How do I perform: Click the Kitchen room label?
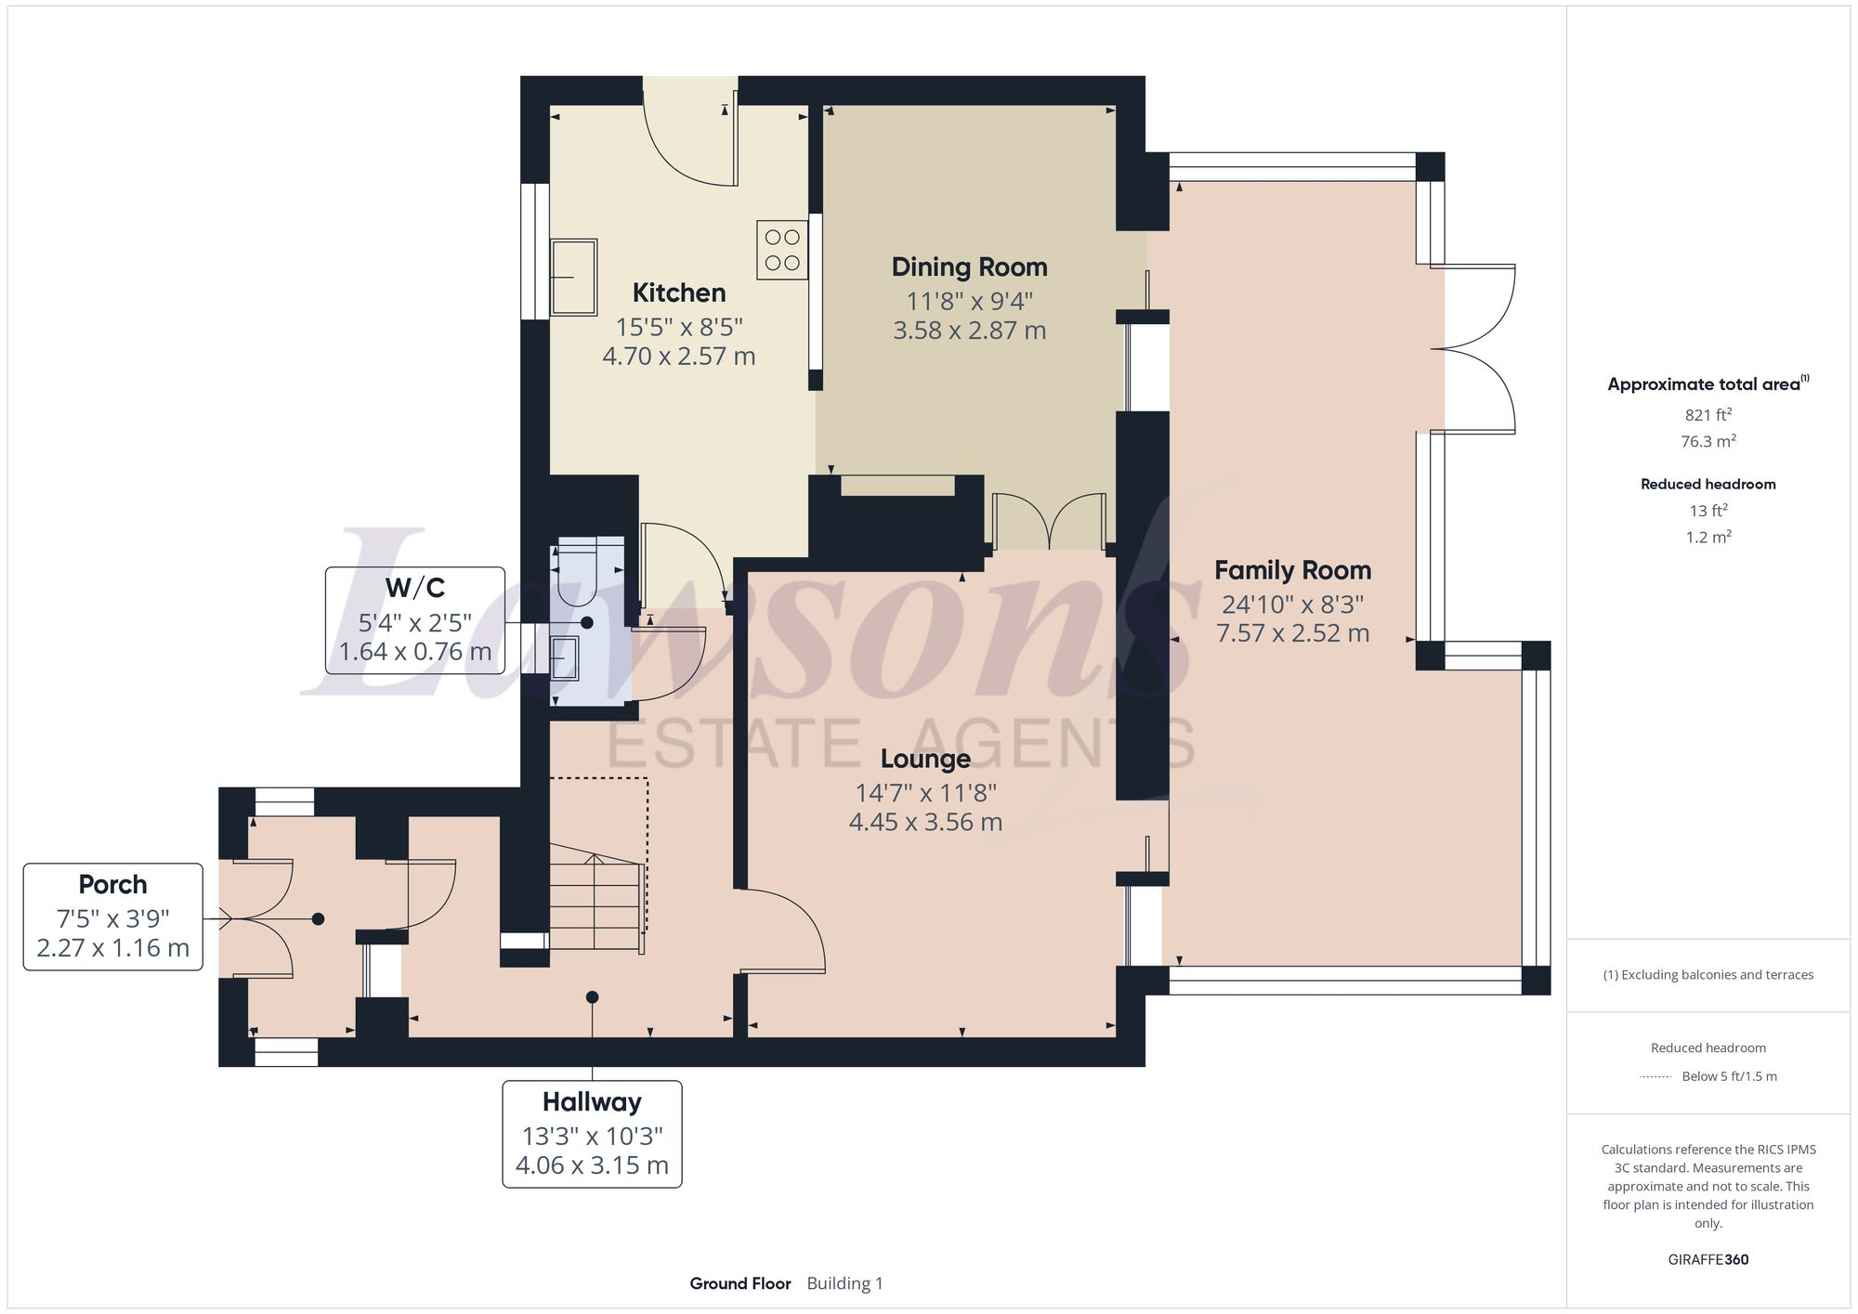pos(678,293)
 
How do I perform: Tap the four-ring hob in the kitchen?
pos(781,250)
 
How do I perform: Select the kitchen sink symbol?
pos(573,277)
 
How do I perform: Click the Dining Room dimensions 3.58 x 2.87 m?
pos(969,331)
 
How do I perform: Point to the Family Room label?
pos(1292,570)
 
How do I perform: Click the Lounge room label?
pos(925,759)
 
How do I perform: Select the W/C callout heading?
pos(415,588)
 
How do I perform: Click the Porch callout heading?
pos(112,884)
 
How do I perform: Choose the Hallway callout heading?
pos(592,1102)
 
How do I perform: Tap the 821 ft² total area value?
pos(1708,415)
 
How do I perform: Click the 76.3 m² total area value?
pos(1708,442)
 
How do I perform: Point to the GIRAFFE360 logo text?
pos(1708,1260)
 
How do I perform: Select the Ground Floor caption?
pos(739,1283)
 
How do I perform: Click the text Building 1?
pos(844,1283)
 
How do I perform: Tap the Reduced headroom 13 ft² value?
pos(1708,511)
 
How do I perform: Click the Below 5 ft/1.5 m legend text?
pos(1729,1076)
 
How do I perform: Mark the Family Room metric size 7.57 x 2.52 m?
pos(1292,633)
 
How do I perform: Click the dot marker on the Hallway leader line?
pos(592,997)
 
